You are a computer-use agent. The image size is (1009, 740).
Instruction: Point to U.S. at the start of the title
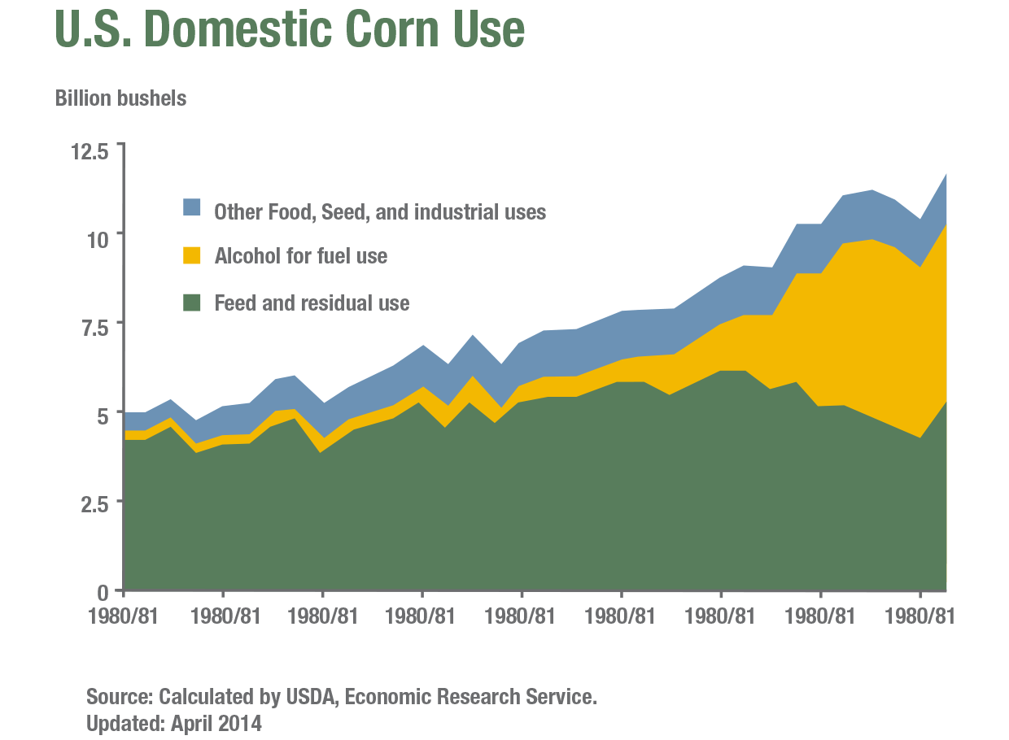(90, 29)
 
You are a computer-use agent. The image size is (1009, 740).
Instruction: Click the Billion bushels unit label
(120, 98)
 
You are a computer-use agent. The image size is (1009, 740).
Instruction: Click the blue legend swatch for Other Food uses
(191, 207)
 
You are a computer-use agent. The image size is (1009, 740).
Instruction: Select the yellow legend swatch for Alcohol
(191, 255)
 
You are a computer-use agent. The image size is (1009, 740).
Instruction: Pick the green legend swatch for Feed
(191, 303)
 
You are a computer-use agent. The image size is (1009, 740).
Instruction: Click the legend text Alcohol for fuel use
(300, 256)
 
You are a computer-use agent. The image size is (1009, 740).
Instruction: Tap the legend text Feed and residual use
(312, 303)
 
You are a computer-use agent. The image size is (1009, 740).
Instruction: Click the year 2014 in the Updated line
(239, 723)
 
